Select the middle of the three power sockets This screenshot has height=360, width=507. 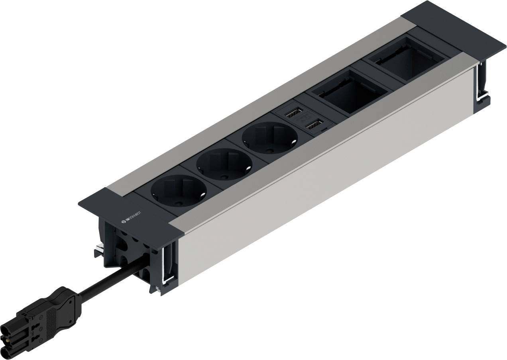pos(224,163)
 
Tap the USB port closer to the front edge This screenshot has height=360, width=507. pos(314,126)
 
